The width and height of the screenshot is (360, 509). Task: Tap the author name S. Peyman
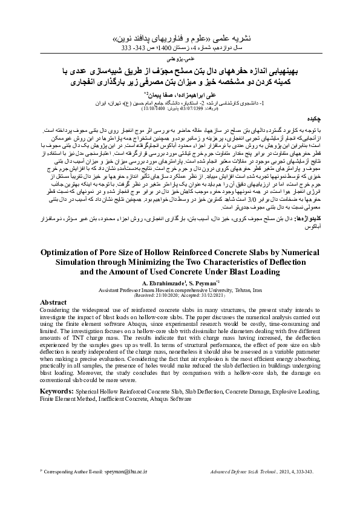pyautogui.click(x=195, y=283)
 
